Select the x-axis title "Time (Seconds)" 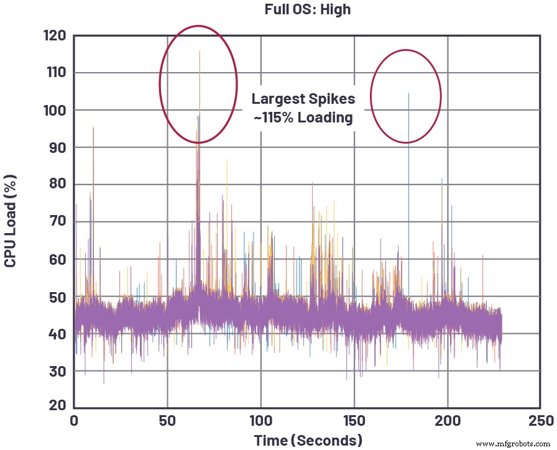(x=308, y=440)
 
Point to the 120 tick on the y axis (x=55, y=36)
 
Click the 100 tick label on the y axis (x=55, y=110)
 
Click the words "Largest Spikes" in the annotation (x=303, y=99)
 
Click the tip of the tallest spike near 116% (x=200, y=51)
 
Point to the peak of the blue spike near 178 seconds (x=408, y=93)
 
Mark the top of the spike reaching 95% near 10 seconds (x=93, y=128)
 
